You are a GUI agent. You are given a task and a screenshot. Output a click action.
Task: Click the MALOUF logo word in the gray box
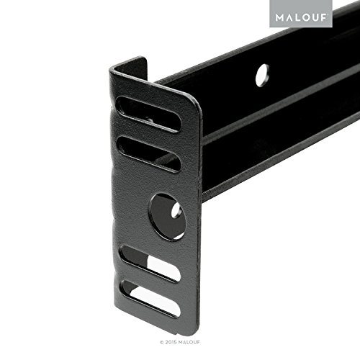tap(297, 14)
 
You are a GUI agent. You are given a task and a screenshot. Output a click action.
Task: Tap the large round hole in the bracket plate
tap(166, 213)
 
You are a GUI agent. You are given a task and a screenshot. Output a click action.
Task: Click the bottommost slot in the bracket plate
tap(150, 298)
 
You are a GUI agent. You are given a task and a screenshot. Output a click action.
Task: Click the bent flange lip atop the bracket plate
tap(130, 66)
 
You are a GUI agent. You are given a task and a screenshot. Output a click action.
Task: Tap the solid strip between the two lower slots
tap(151, 281)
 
